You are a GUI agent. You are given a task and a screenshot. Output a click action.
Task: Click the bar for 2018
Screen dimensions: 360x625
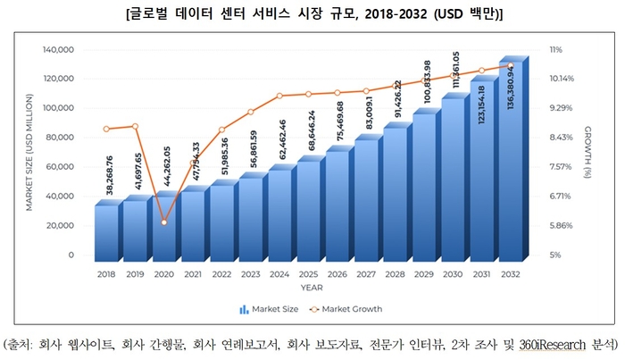(x=106, y=232)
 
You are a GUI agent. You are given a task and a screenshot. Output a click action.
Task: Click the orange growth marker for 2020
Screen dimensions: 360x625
(x=163, y=222)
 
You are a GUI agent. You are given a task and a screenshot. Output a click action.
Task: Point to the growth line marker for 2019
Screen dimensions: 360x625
(x=135, y=126)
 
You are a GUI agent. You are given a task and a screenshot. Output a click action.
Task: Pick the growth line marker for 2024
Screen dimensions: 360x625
(x=279, y=96)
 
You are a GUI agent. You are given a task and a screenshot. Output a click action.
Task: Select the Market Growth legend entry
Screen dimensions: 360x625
(x=346, y=309)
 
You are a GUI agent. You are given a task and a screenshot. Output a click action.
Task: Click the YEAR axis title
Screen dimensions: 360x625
(x=308, y=288)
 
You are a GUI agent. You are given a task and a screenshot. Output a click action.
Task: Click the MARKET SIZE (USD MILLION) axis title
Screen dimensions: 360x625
(x=29, y=153)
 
